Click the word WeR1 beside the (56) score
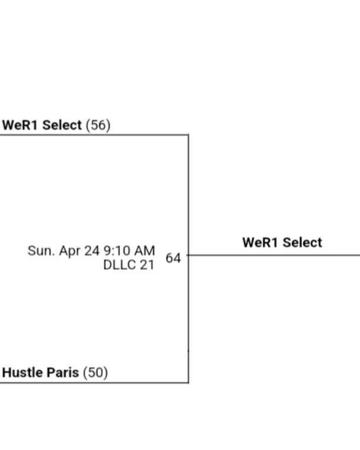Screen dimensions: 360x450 click(20, 125)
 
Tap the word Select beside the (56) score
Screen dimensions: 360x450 click(62, 125)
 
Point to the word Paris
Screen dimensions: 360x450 click(63, 373)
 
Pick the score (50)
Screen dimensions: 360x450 click(95, 373)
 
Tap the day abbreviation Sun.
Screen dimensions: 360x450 click(41, 251)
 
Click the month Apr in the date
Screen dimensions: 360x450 click(70, 252)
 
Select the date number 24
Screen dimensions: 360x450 click(92, 251)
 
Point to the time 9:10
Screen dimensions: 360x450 click(116, 251)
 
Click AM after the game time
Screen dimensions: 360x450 click(145, 251)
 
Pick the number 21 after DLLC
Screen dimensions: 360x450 click(147, 265)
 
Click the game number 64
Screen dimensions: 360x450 click(173, 258)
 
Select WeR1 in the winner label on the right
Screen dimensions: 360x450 click(260, 243)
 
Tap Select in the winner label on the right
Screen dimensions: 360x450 click(302, 243)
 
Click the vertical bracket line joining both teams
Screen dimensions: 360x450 click(189, 259)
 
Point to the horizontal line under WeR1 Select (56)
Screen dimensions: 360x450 click(94, 135)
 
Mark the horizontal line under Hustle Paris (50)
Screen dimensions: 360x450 click(94, 383)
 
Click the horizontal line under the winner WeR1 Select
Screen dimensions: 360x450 click(274, 255)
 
